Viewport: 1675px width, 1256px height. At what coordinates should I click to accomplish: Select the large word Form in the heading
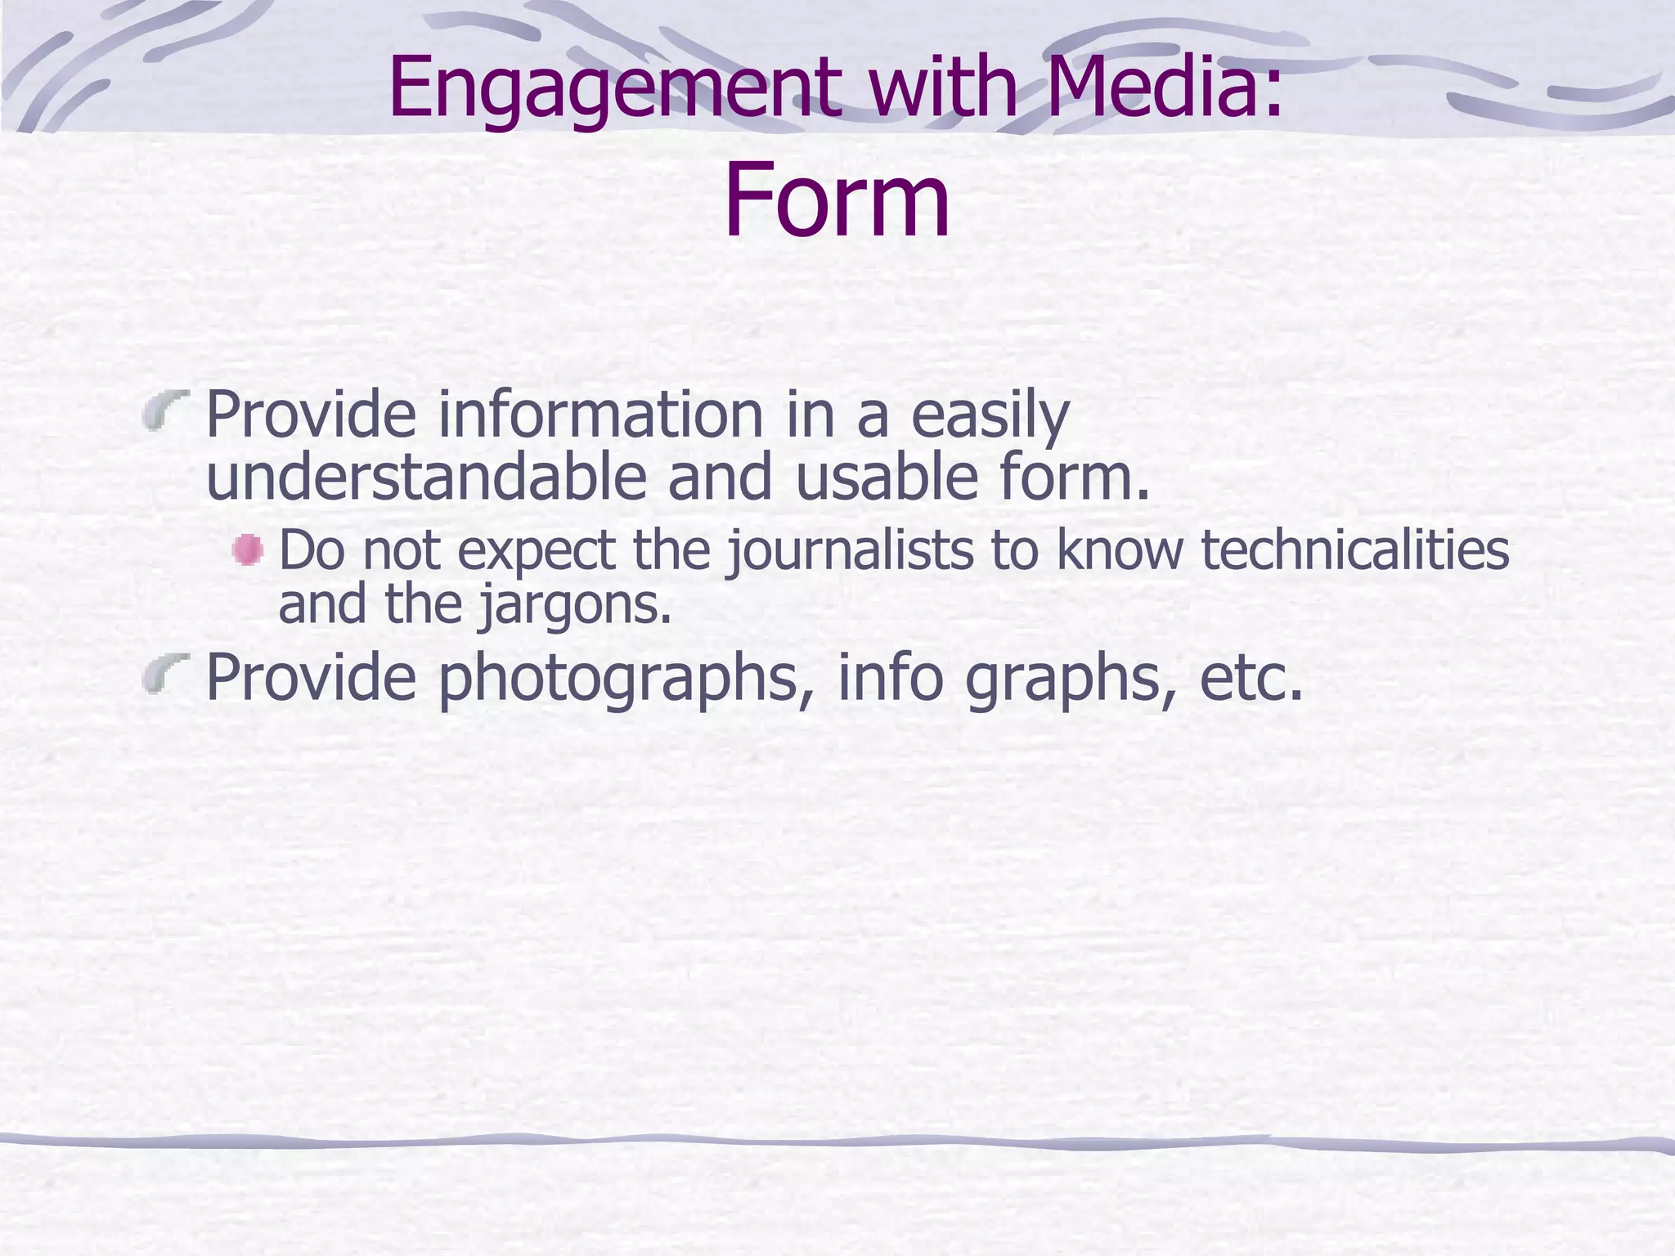coord(837,200)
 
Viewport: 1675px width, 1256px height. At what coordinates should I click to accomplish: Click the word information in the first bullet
coord(601,415)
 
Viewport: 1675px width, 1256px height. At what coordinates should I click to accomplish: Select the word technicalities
coord(1354,549)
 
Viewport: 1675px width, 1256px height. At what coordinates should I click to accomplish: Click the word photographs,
coord(626,679)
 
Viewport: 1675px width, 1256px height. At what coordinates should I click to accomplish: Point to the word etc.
coord(1251,678)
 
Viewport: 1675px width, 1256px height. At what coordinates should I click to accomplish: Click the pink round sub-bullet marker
coord(247,549)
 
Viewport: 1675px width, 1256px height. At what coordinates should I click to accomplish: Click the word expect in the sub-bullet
coord(536,551)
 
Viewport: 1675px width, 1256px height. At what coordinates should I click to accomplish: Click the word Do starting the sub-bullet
coord(312,549)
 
